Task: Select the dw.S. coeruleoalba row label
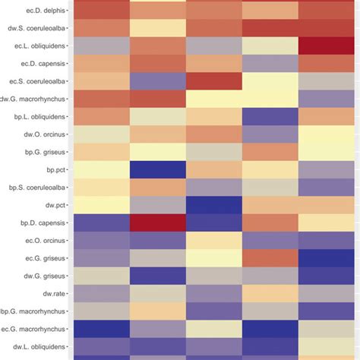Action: click(34, 29)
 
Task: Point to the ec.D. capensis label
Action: click(42, 64)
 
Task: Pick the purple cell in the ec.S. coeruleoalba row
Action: click(158, 81)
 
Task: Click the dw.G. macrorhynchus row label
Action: click(33, 99)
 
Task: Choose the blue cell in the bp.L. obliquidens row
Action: click(270, 116)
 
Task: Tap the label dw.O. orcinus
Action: click(43, 134)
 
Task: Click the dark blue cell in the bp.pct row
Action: click(158, 169)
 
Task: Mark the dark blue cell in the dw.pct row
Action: click(214, 204)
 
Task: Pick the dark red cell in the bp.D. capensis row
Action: click(158, 222)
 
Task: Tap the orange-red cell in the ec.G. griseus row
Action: click(270, 257)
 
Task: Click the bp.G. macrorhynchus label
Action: click(33, 310)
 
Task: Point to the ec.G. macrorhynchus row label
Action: click(33, 327)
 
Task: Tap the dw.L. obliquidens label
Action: click(38, 345)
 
